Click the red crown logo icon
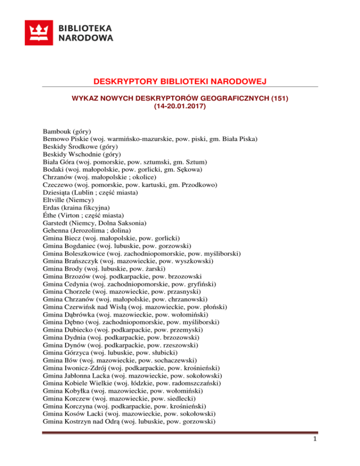point(39,32)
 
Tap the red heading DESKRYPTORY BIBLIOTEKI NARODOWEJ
point(180,83)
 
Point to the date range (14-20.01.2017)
point(180,107)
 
